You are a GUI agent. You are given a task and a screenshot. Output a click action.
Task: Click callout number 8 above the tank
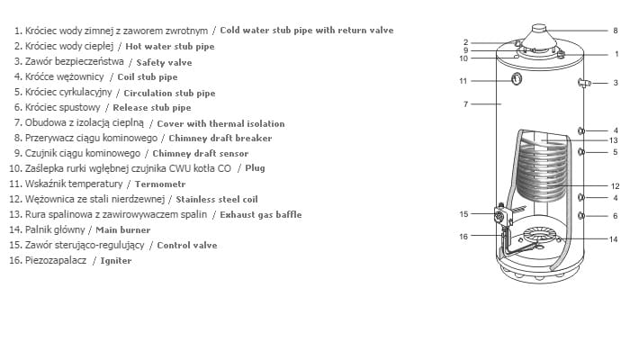pyautogui.click(x=616, y=31)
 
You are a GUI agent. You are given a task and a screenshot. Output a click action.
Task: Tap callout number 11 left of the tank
pyautogui.click(x=463, y=81)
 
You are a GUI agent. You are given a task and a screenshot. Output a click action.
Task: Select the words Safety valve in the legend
pyautogui.click(x=164, y=63)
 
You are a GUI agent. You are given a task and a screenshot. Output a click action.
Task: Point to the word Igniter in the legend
pyautogui.click(x=116, y=261)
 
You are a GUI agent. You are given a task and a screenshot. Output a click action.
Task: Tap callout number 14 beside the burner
pyautogui.click(x=613, y=239)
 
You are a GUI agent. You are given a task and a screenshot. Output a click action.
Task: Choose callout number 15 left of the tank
pyautogui.click(x=463, y=214)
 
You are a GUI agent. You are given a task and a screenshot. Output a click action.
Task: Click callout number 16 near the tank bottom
pyautogui.click(x=463, y=237)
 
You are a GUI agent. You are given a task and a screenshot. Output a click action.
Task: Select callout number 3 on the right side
pyautogui.click(x=616, y=84)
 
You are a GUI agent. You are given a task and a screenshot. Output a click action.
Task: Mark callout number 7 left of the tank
pyautogui.click(x=466, y=104)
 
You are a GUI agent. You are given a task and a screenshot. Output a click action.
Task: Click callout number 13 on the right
pyautogui.click(x=613, y=140)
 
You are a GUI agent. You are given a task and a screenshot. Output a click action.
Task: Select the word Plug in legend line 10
pyautogui.click(x=255, y=167)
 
